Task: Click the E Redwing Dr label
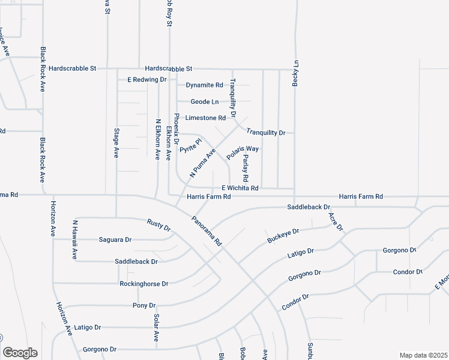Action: click(x=146, y=79)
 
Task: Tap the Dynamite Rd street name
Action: click(x=204, y=85)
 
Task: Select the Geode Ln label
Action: click(x=205, y=102)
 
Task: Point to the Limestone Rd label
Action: click(x=205, y=118)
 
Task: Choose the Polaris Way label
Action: click(x=243, y=152)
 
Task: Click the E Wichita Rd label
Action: click(x=240, y=188)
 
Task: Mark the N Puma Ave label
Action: click(x=202, y=163)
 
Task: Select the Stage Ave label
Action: click(x=116, y=142)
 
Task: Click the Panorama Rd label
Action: click(x=207, y=231)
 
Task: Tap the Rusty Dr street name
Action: click(x=159, y=225)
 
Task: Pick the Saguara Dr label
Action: click(x=115, y=239)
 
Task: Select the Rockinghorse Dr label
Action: click(x=144, y=283)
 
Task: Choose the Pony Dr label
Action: click(x=143, y=305)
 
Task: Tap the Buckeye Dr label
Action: click(x=283, y=236)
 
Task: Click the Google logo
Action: click(x=20, y=353)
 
